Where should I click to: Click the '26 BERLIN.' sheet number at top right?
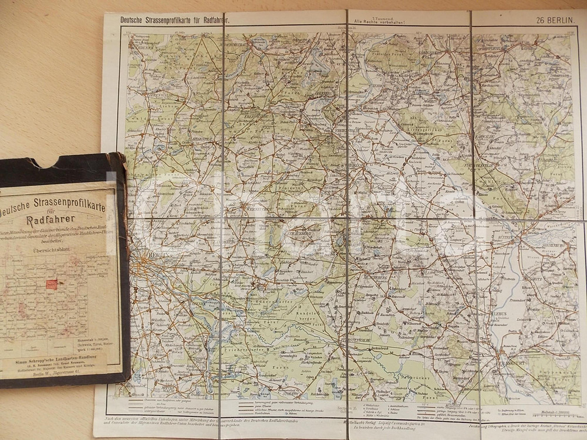pos(554,21)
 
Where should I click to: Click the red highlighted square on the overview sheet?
pos(52,285)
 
